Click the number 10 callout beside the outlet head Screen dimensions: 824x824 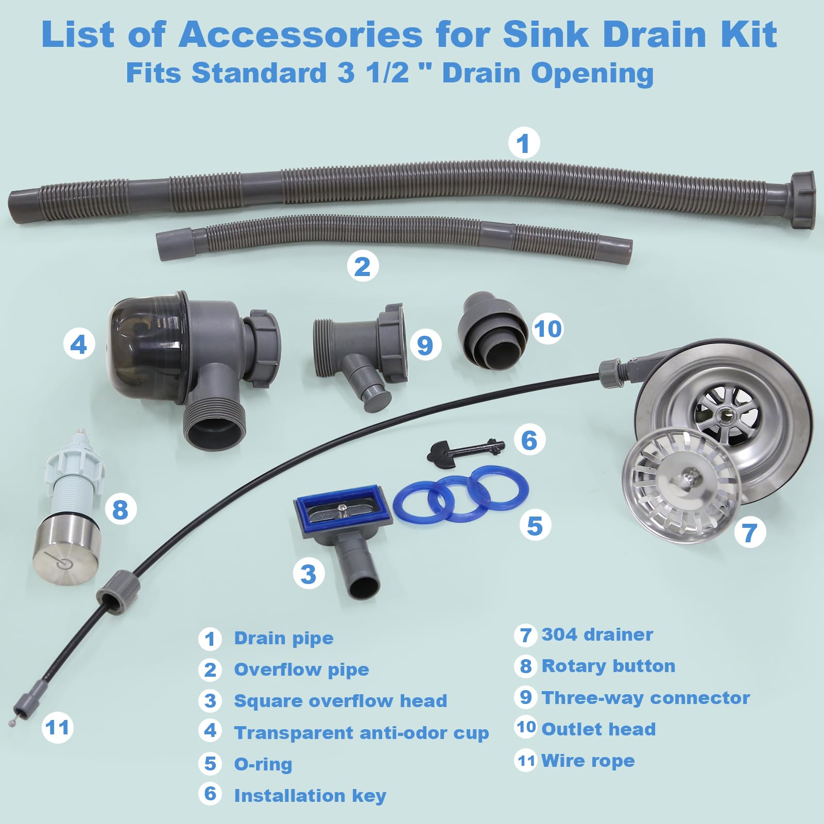coord(547,329)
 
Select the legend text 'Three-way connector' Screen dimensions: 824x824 coord(646,698)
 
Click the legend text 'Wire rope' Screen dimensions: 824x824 coord(588,761)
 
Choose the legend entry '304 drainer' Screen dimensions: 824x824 coord(597,634)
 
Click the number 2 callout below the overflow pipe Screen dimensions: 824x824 coord(362,266)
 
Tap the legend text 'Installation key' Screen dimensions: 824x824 coord(310,796)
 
